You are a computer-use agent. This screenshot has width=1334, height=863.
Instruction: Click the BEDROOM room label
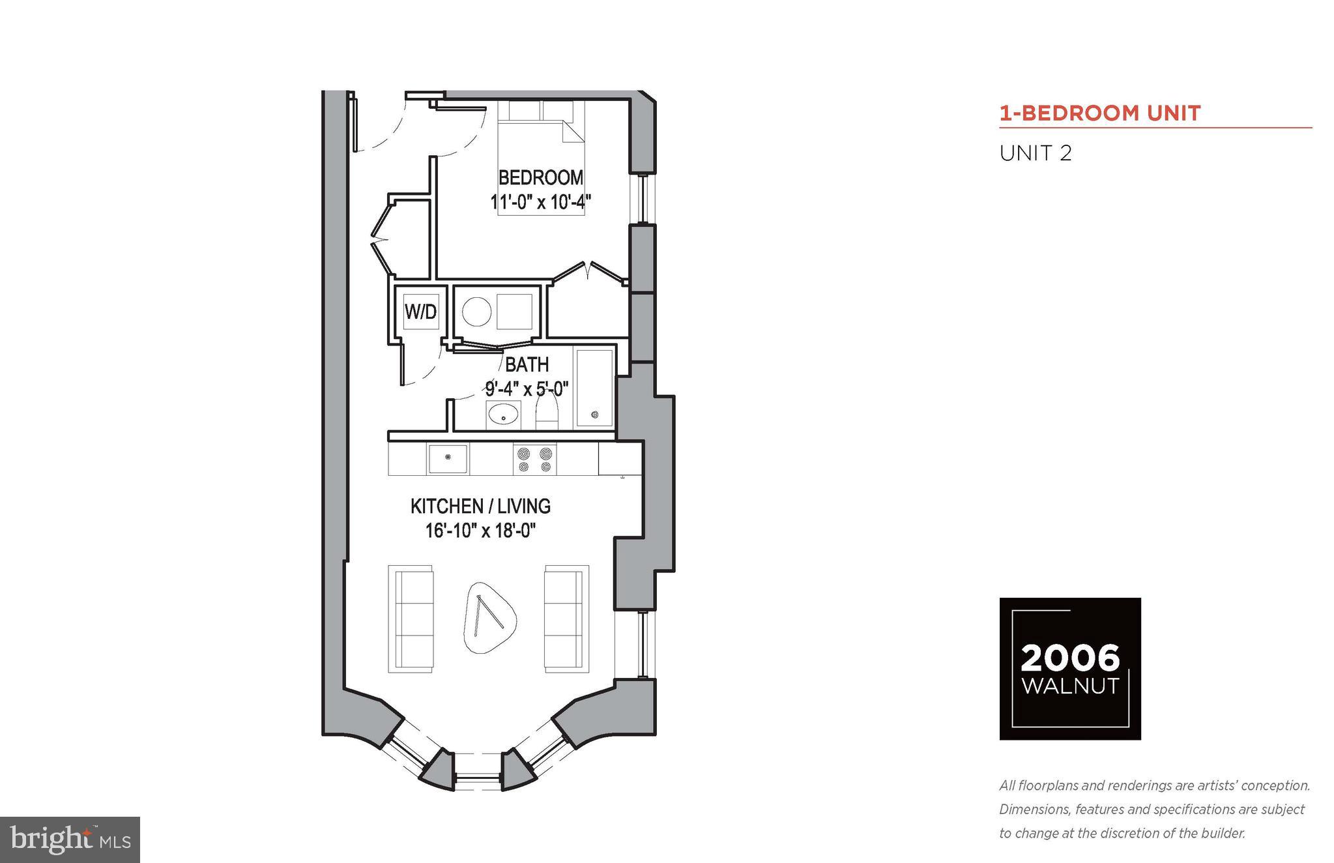pos(540,177)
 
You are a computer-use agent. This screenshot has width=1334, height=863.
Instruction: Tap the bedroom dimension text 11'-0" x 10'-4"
pos(540,202)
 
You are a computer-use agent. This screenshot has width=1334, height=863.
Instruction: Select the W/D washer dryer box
pos(420,312)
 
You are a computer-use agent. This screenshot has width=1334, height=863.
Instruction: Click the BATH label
pos(527,364)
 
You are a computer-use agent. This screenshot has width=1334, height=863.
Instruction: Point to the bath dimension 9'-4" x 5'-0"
pos(527,389)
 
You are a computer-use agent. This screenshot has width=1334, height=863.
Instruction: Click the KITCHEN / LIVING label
pos(480,506)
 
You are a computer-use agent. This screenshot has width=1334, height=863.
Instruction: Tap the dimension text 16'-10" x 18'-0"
pos(480,531)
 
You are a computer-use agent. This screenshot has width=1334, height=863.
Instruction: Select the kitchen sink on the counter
pos(448,458)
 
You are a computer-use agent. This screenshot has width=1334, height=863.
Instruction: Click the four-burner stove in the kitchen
pos(534,458)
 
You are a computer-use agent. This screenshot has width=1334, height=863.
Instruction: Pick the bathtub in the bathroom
pos(594,388)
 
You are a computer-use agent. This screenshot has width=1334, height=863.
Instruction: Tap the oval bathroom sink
pos(503,414)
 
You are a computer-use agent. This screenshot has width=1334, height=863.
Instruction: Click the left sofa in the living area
pos(411,619)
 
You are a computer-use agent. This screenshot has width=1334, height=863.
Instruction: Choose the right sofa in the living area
pos(566,619)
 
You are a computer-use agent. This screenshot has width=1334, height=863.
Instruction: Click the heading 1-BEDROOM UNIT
pos(1100,113)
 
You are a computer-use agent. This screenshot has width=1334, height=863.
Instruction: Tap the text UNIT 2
pos(1036,154)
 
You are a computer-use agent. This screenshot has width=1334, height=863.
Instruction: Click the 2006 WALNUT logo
pos(1069,668)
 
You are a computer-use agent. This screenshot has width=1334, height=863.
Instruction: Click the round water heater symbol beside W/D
pos(476,312)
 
